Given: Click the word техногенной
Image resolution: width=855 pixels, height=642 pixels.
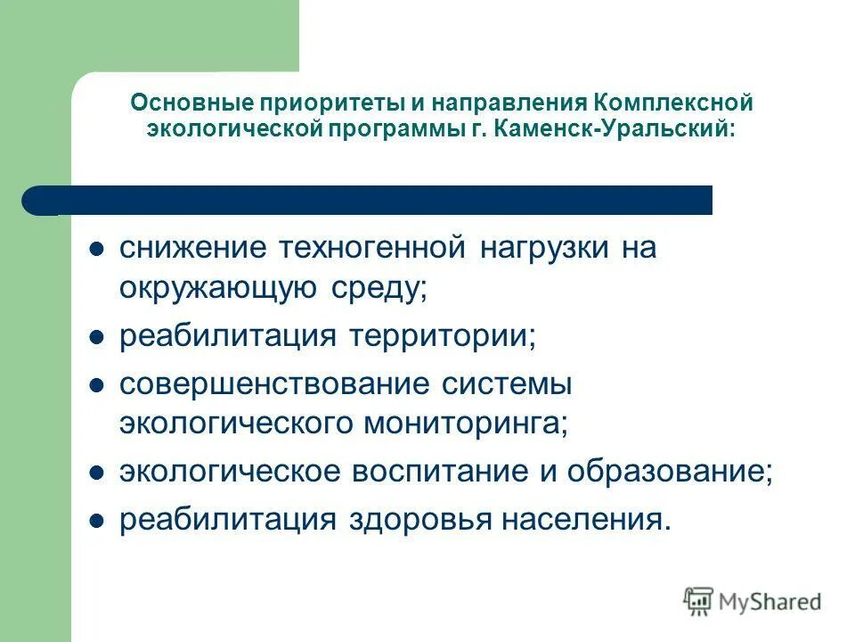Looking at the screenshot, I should pyautogui.click(x=372, y=248).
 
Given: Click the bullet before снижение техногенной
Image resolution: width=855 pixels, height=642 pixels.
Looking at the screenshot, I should pyautogui.click(x=98, y=249).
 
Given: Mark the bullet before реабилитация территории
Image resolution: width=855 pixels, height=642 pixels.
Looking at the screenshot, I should pyautogui.click(x=98, y=338).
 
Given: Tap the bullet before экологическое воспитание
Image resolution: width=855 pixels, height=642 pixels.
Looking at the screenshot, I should pyautogui.click(x=98, y=473).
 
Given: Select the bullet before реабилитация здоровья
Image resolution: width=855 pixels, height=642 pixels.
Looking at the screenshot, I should pyautogui.click(x=98, y=521).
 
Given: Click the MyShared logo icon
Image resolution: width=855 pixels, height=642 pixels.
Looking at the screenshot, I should pyautogui.click(x=699, y=602).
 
